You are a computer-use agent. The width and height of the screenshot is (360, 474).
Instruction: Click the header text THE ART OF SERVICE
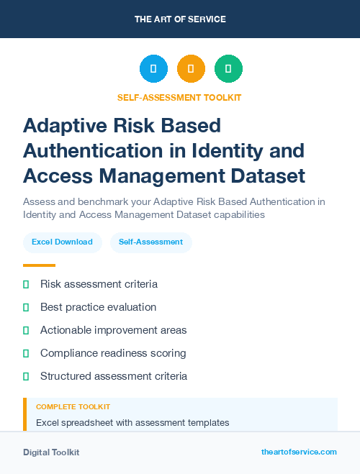pos(180,19)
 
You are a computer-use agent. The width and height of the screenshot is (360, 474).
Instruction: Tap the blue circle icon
pos(153,69)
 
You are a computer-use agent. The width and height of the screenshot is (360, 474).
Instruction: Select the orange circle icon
pos(191,69)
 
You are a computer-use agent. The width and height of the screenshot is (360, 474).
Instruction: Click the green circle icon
pos(228,69)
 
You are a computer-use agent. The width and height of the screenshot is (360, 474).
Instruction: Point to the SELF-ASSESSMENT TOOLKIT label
pos(179,97)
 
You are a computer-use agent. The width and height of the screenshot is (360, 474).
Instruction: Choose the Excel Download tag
pos(62,242)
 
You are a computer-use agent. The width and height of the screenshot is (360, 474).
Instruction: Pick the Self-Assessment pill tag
pos(151,242)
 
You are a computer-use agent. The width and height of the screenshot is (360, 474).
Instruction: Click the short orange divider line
pos(39,265)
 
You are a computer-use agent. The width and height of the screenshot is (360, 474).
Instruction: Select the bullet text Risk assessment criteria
pos(99,284)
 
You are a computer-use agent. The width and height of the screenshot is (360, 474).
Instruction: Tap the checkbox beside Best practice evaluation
pos(26,307)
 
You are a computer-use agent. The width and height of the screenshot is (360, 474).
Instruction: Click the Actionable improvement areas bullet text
pos(113,330)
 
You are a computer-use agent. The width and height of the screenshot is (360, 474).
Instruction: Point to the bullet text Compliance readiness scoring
pos(113,353)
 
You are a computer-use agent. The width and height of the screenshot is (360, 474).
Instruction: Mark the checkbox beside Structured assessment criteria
pos(26,376)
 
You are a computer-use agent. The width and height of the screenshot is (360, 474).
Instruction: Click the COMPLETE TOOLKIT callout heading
pos(73,407)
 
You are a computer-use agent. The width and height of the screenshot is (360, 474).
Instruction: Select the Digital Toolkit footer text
pos(51,452)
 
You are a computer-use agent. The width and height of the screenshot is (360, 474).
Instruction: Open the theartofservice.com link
pos(299,452)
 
